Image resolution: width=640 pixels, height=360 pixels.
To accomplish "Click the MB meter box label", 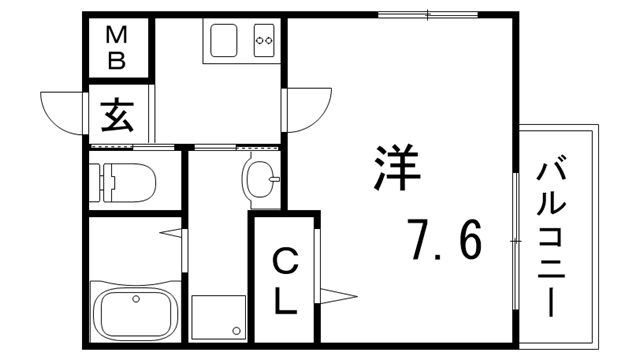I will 117,48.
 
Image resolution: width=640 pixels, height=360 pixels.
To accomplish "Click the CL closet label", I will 285,281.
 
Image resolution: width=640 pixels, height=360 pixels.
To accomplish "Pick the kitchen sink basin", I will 221,41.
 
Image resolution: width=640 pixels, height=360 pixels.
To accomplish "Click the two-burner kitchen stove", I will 265,41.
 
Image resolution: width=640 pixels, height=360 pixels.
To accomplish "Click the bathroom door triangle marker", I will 174,235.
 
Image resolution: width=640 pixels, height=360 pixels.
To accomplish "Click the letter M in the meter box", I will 117,35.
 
